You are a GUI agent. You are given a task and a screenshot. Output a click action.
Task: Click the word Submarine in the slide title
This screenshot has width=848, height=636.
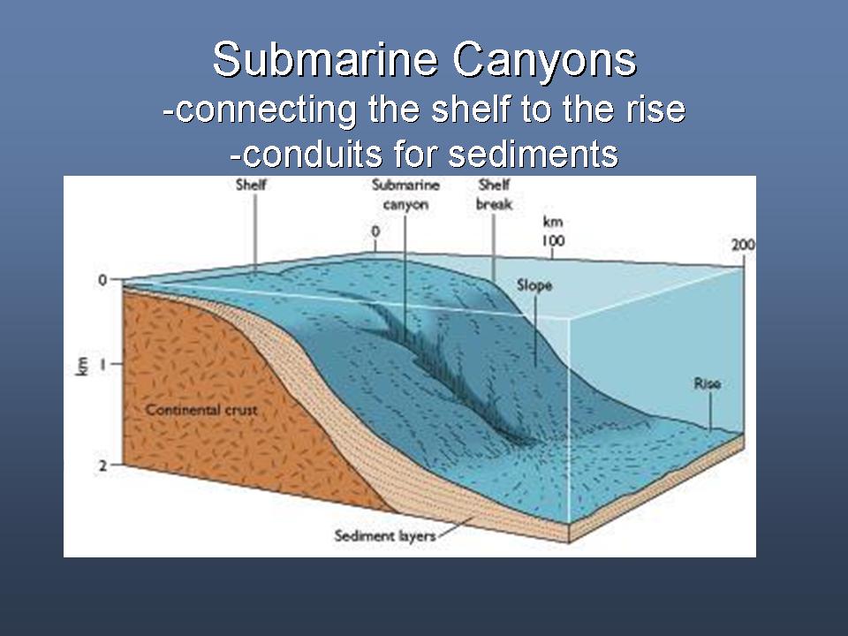(325, 59)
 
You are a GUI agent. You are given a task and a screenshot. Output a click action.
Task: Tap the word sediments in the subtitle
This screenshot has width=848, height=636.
(534, 153)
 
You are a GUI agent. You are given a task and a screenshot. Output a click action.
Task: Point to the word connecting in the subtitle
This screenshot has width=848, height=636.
(266, 110)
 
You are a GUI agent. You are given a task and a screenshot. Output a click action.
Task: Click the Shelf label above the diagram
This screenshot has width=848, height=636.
(252, 185)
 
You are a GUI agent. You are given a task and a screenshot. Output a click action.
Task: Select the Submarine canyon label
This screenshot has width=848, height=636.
(405, 194)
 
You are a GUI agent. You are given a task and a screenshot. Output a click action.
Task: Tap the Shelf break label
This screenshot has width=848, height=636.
(494, 194)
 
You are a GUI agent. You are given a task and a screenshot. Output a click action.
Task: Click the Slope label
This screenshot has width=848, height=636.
(534, 285)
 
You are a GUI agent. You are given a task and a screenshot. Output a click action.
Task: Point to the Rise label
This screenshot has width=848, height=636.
(708, 383)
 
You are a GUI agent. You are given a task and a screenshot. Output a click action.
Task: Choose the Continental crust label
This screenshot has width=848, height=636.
(201, 410)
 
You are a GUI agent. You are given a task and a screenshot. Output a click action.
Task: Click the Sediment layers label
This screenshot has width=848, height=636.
(385, 536)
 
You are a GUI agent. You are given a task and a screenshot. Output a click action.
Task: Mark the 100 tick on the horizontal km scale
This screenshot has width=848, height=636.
(553, 240)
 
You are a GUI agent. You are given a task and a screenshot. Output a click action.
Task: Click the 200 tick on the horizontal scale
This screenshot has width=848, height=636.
(743, 245)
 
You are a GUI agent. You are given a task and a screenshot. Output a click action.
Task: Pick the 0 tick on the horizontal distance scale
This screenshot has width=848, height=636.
(375, 231)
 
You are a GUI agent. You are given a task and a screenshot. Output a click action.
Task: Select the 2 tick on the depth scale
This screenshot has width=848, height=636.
(102, 466)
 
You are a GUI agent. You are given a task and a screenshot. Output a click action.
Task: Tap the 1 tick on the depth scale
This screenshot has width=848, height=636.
(102, 365)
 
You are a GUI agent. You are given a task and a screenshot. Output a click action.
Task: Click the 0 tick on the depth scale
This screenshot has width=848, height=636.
(102, 280)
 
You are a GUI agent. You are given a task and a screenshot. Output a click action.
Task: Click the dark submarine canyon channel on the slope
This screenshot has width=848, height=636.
(449, 373)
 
